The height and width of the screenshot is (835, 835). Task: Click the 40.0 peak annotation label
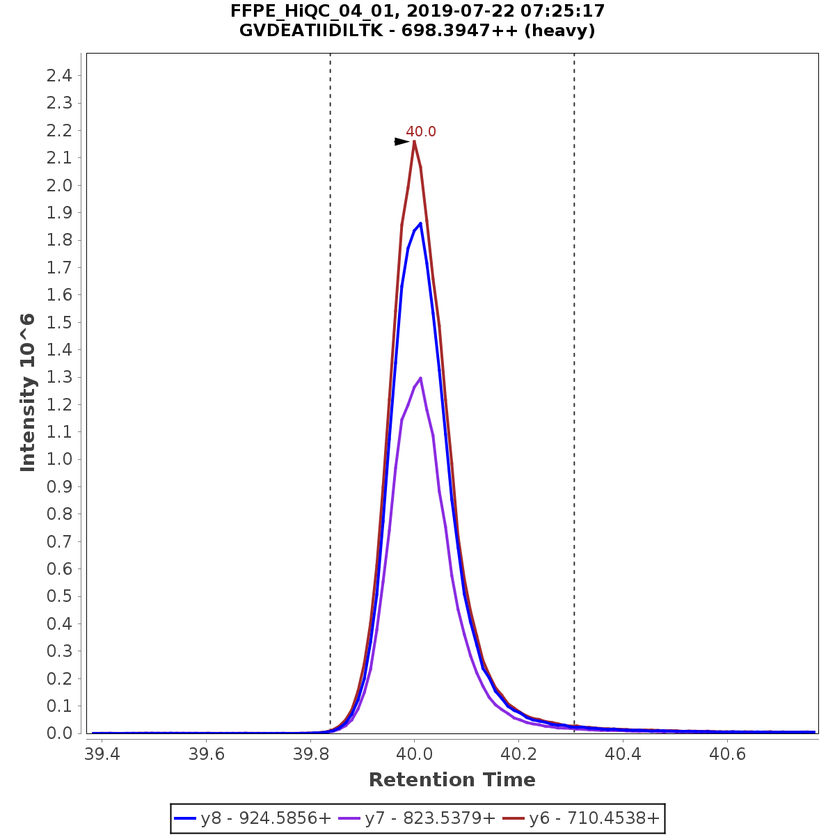pyautogui.click(x=421, y=132)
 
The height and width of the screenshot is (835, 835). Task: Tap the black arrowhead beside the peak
pyautogui.click(x=401, y=142)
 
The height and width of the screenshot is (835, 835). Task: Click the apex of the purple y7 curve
pyautogui.click(x=420, y=378)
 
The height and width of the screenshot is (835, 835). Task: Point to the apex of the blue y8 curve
pyautogui.click(x=420, y=223)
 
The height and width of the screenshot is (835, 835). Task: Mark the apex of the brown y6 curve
pyautogui.click(x=414, y=141)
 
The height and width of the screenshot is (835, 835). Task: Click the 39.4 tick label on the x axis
pyautogui.click(x=102, y=754)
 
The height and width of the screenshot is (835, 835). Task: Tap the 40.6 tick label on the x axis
pyautogui.click(x=727, y=754)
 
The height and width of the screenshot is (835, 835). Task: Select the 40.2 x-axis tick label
pyautogui.click(x=518, y=754)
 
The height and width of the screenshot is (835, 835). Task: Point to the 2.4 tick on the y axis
pyautogui.click(x=59, y=75)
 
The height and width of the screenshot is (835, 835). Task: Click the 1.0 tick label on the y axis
pyautogui.click(x=59, y=459)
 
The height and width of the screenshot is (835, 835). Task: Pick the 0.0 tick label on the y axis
pyautogui.click(x=59, y=733)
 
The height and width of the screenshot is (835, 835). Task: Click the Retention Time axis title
pyautogui.click(x=452, y=780)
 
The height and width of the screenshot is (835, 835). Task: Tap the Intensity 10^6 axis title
pyautogui.click(x=28, y=392)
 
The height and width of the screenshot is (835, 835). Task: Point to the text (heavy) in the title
pyautogui.click(x=561, y=31)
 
